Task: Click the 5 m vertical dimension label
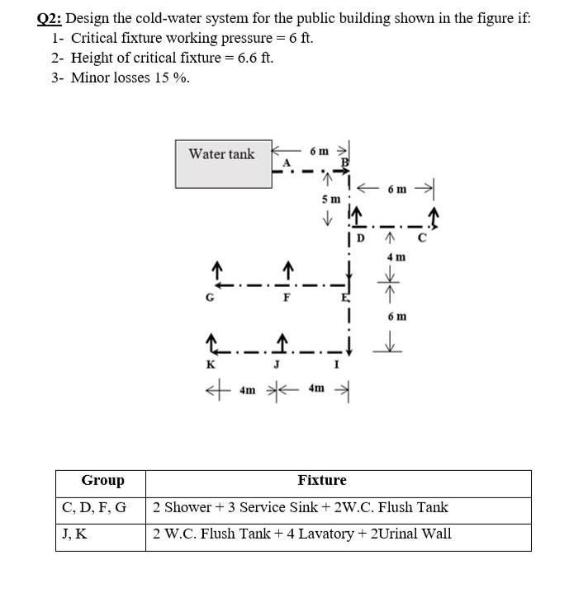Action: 330,200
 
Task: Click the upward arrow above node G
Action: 216,271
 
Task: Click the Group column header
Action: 102,481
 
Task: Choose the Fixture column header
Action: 322,481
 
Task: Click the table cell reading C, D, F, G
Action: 94,507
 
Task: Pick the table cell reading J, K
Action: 74,534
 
